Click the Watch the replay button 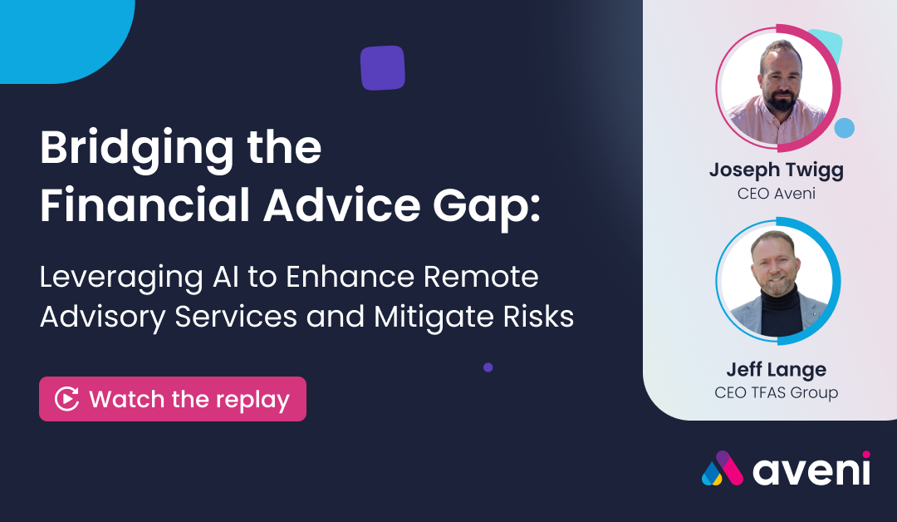(173, 399)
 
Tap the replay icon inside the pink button (67, 399)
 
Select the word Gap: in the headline (487, 207)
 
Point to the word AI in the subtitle (225, 277)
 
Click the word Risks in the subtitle (538, 317)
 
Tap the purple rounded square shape (383, 68)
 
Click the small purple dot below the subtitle (488, 367)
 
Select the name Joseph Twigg (777, 170)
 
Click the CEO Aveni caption (777, 194)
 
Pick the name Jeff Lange (777, 370)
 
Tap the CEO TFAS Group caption (777, 392)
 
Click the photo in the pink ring (777, 89)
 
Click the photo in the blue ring (777, 281)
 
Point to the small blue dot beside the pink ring (845, 128)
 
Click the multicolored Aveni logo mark (723, 468)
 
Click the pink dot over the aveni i (866, 455)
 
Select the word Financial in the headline (145, 205)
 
